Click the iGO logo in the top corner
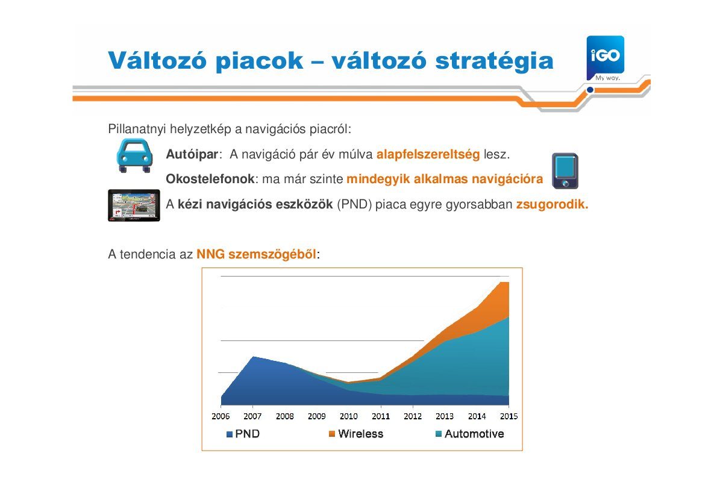coord(605,58)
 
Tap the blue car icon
coord(134,155)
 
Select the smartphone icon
coord(565,171)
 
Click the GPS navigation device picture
coord(134,205)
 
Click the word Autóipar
coord(192,154)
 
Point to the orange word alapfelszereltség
coord(428,154)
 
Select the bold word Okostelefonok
coord(210,179)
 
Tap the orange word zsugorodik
coord(552,204)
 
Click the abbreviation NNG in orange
coord(210,254)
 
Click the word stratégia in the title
coord(494,61)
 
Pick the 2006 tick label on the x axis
coord(221,416)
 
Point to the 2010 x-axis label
coord(349,416)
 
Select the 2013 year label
coord(445,416)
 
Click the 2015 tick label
coord(509,416)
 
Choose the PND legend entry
coord(243,434)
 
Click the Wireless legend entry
coord(355,434)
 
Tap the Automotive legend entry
coord(469,434)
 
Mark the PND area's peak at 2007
coord(253,357)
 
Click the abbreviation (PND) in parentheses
coord(354,204)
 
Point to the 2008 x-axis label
coord(284,416)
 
